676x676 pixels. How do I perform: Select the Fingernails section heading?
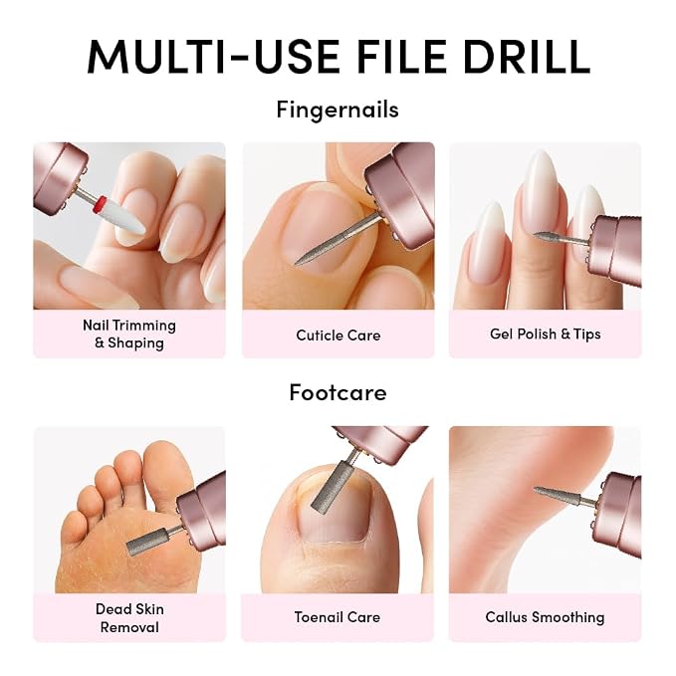[338, 110]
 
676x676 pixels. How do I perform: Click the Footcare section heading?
[338, 392]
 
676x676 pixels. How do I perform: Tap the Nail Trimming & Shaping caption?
[129, 335]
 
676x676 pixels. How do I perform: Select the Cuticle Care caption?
[338, 336]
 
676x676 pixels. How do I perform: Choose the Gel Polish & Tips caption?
[546, 335]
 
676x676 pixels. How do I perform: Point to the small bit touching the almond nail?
[549, 236]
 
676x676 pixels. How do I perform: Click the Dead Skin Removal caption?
[129, 618]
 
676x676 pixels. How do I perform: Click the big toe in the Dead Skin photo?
[164, 470]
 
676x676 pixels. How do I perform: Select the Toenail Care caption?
[338, 617]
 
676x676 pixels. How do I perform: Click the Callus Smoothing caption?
[545, 617]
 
